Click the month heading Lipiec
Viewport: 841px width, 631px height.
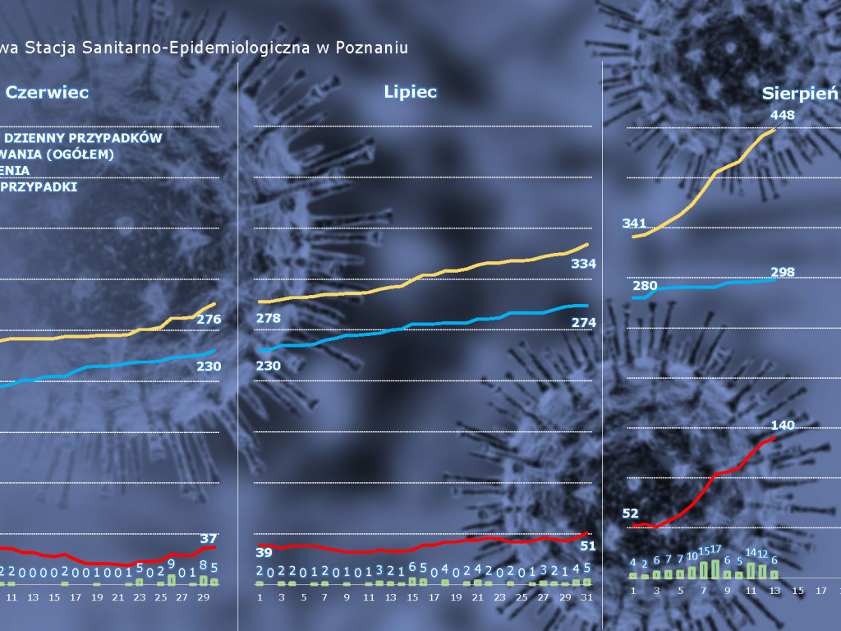tap(410, 92)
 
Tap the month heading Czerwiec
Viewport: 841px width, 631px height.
tap(48, 93)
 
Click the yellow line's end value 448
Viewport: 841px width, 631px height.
tap(783, 115)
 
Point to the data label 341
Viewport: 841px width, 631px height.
tap(635, 223)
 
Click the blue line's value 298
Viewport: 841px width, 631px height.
tap(783, 272)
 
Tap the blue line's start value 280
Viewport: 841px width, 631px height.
tap(645, 285)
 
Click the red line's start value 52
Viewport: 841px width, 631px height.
tap(630, 514)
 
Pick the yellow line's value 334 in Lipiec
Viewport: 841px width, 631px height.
tap(582, 264)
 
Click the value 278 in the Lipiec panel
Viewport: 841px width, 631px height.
tap(269, 318)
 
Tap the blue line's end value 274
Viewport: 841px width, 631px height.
tap(582, 323)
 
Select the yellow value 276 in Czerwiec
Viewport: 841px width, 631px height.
tap(209, 319)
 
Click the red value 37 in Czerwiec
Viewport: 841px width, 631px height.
tap(209, 538)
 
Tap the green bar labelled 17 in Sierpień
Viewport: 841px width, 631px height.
tap(716, 569)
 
